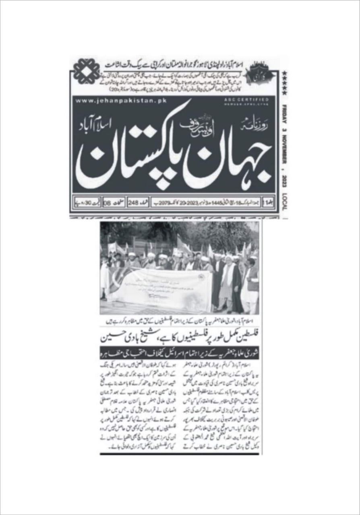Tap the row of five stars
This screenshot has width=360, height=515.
click(x=284, y=83)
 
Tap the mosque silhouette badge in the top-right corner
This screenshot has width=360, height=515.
click(x=262, y=72)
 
